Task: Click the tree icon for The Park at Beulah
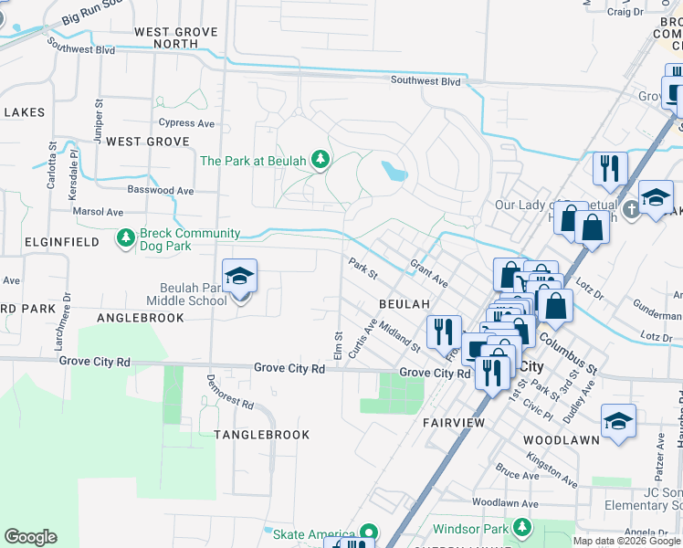pyautogui.click(x=320, y=161)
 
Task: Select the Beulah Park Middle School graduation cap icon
pyautogui.click(x=239, y=277)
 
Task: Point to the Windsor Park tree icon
pyautogui.click(x=521, y=528)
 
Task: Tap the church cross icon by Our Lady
pyautogui.click(x=631, y=211)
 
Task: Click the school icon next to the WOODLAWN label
pyautogui.click(x=618, y=420)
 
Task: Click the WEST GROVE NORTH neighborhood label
pyautogui.click(x=176, y=37)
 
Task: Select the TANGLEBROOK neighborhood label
pyautogui.click(x=261, y=435)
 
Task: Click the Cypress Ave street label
pyautogui.click(x=185, y=122)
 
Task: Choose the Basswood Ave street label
pyautogui.click(x=163, y=191)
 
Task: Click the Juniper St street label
pyautogui.click(x=99, y=116)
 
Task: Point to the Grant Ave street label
pyautogui.click(x=428, y=271)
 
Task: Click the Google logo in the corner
pyautogui.click(x=30, y=537)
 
